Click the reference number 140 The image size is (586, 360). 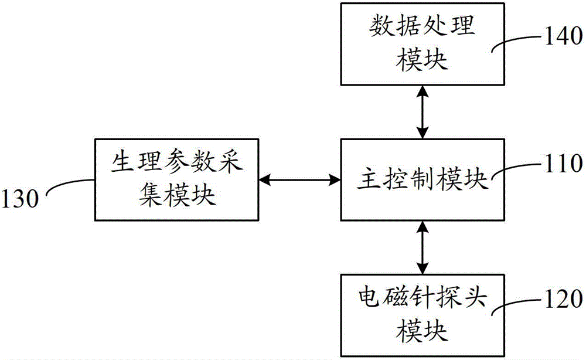click(563, 36)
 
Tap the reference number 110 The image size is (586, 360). click(563, 164)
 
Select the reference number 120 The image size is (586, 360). click(563, 298)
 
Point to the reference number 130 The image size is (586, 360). click(20, 198)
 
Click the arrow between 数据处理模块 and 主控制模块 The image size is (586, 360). click(423, 112)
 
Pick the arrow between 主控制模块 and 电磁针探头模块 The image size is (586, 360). click(423, 247)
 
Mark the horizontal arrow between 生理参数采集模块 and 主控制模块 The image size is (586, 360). click(299, 180)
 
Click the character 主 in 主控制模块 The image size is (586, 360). click(369, 178)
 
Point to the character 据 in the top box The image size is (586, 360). click(409, 26)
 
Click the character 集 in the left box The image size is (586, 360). click(150, 195)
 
